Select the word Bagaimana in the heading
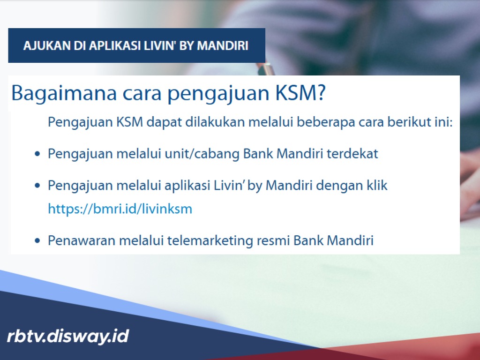(x=63, y=93)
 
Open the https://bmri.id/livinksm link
(x=120, y=209)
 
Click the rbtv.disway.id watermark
(x=68, y=336)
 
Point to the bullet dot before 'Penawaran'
(x=37, y=241)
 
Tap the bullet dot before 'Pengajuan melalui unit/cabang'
(x=37, y=154)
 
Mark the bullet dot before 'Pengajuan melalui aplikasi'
(x=37, y=186)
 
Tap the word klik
(x=377, y=185)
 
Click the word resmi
(x=273, y=241)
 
